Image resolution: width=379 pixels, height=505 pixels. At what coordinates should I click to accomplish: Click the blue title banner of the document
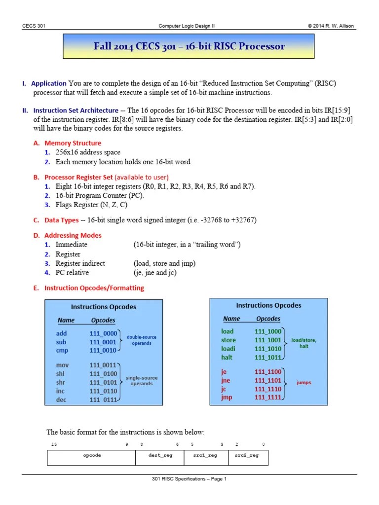189,47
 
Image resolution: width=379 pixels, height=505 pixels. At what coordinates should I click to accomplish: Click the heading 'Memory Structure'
73,143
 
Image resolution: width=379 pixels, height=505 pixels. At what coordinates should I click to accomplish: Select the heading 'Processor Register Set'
79,177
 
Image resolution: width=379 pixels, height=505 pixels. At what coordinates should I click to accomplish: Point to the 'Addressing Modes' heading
73,235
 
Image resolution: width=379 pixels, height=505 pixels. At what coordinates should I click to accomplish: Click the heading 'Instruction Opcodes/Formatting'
94,288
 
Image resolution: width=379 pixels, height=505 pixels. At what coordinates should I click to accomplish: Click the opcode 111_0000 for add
103,333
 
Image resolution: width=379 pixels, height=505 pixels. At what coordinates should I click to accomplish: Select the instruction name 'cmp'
62,351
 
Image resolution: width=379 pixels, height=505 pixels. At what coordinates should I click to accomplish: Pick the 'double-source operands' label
142,340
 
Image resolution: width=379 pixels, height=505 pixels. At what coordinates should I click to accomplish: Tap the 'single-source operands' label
142,381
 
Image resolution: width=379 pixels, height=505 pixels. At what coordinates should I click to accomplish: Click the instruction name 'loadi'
228,349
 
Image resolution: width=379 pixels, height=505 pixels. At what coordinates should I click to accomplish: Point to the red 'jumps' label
303,382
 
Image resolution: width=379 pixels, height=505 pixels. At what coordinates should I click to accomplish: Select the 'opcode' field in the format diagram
91,456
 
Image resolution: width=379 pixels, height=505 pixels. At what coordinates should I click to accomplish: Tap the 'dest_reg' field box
160,456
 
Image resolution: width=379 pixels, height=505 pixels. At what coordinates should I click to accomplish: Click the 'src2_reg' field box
248,456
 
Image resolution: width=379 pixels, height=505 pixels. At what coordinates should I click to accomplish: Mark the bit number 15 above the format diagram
54,444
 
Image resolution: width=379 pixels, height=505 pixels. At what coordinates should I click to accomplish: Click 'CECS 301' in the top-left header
34,26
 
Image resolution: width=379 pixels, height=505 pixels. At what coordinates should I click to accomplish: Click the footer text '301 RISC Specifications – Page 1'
189,479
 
